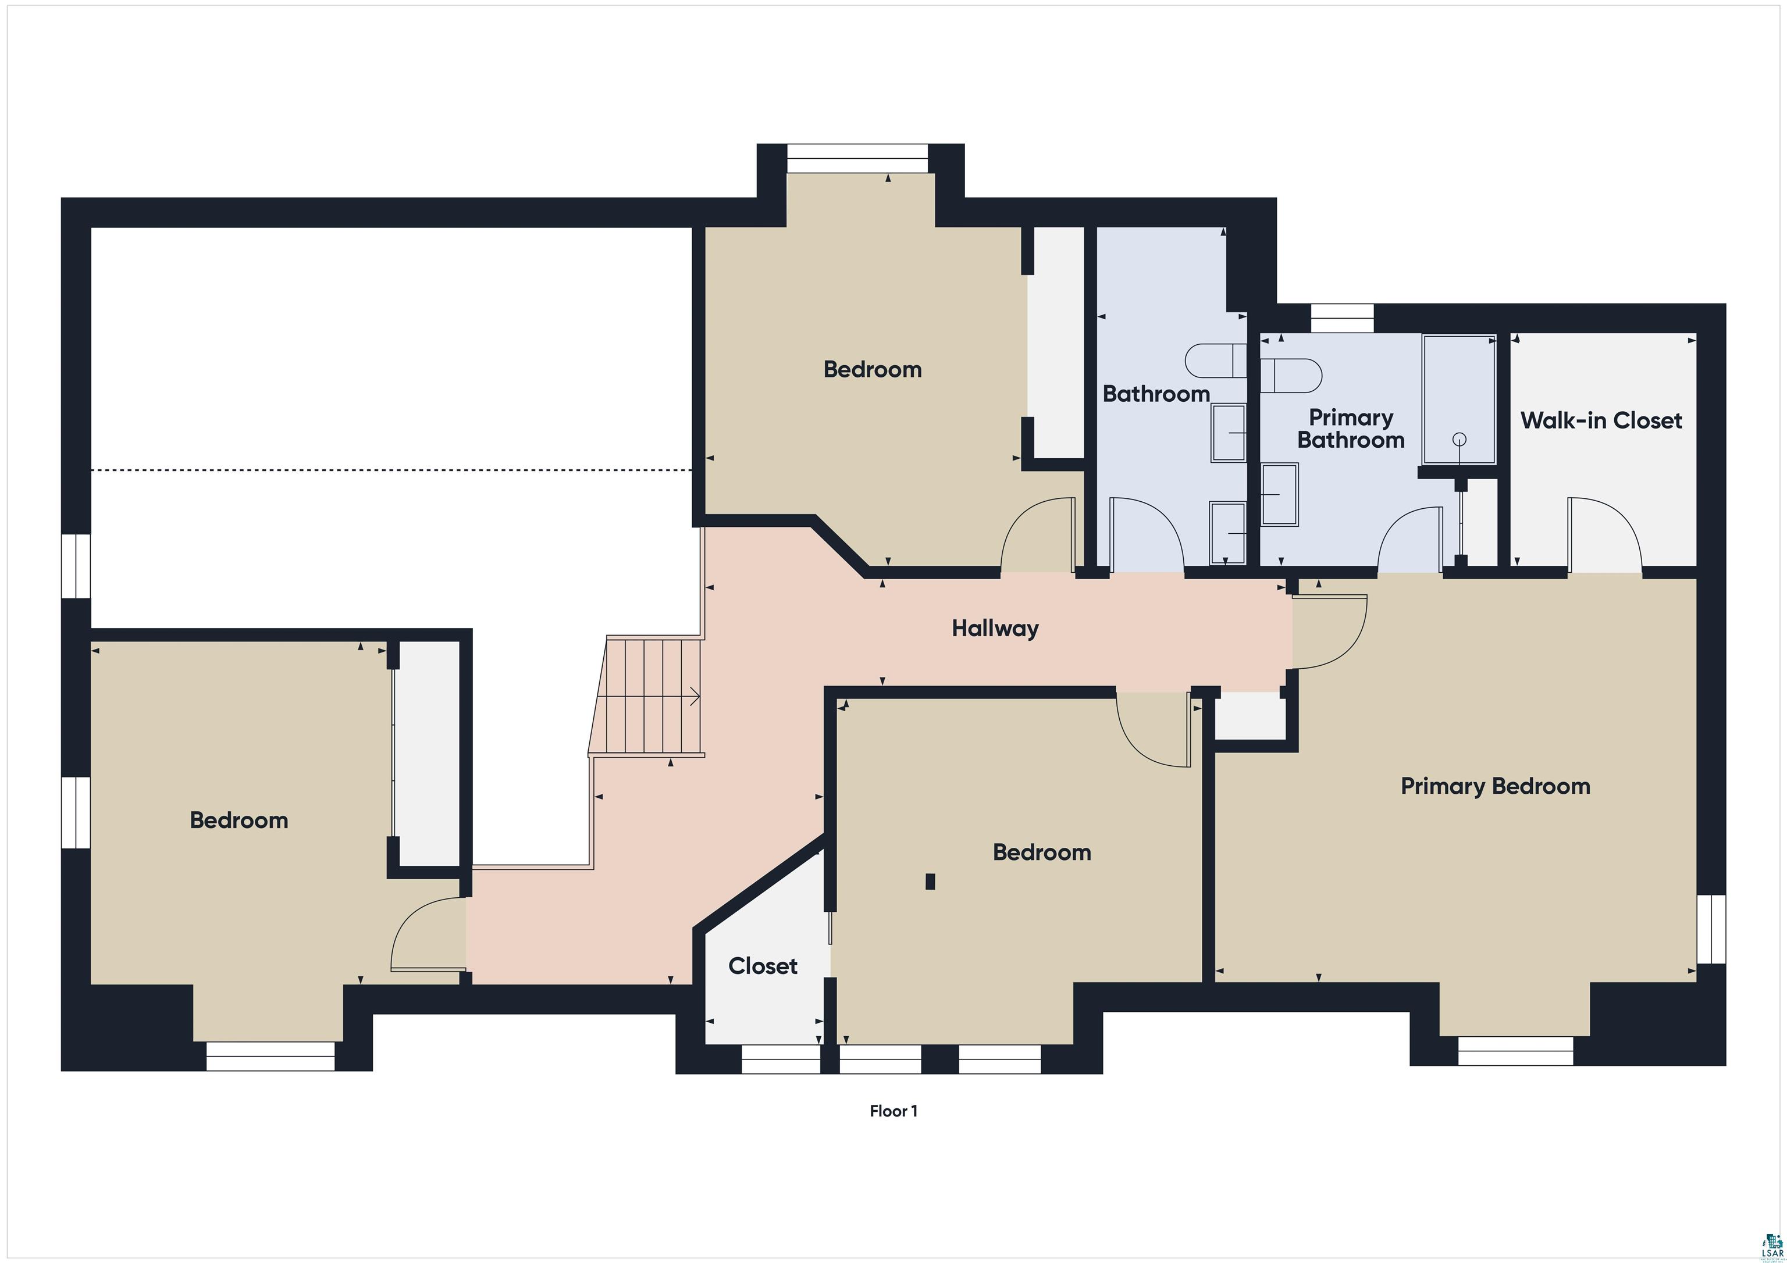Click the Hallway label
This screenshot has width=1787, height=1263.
pos(995,628)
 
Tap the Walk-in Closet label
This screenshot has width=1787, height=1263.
pos(1601,420)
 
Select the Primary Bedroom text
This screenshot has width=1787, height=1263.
pos(1494,786)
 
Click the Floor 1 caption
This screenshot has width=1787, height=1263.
pos(893,1111)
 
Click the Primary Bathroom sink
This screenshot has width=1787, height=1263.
pos(1279,494)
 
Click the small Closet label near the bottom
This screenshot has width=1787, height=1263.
pos(762,966)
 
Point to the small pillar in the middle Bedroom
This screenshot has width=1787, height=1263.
pos(930,882)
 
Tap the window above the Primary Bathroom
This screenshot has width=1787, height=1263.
pos(1342,318)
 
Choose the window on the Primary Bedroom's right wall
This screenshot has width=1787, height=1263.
pos(1711,929)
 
